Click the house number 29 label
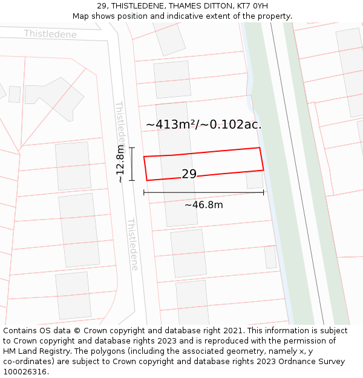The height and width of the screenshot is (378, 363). click(189, 174)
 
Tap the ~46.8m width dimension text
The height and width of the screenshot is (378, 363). click(203, 205)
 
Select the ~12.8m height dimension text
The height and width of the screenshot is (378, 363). click(121, 164)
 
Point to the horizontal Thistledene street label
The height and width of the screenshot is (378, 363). click(50, 34)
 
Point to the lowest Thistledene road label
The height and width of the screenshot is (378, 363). click(132, 244)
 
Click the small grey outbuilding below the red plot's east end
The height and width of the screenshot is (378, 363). click(255, 180)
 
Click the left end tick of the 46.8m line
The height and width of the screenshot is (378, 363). click(144, 192)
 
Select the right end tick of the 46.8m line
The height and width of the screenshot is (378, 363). click(263, 192)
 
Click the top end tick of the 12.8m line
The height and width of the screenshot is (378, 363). click(131, 148)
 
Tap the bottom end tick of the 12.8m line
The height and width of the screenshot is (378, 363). click(131, 180)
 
